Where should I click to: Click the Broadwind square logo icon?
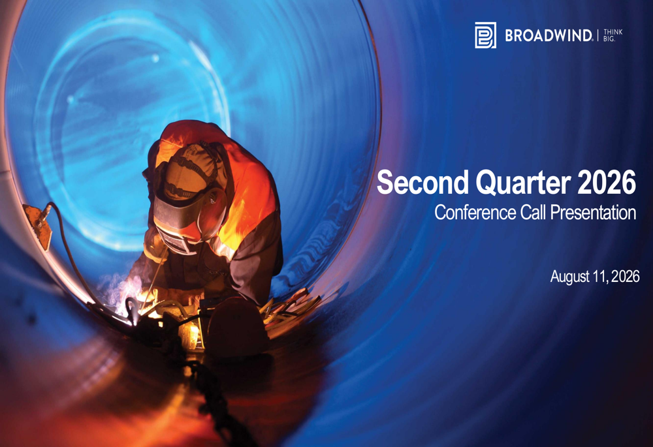point(486,35)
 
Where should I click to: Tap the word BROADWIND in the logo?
point(548,36)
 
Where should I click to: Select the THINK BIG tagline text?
point(613,35)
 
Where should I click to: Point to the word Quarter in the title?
point(522,183)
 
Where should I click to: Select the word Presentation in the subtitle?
point(593,212)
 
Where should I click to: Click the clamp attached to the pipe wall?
point(39,224)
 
